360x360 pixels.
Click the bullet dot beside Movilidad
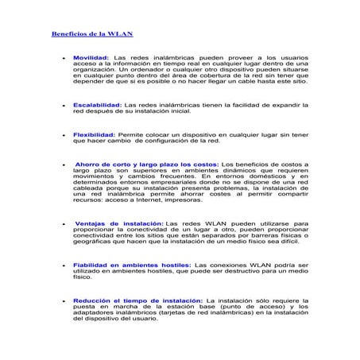63,59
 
